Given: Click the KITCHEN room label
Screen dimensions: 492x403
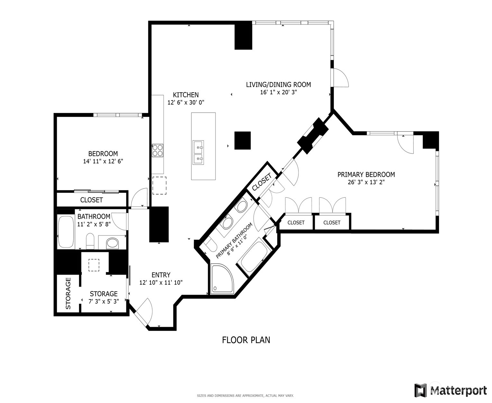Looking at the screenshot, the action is click(186, 95).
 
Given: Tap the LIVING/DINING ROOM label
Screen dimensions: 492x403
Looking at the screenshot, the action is click(278, 85).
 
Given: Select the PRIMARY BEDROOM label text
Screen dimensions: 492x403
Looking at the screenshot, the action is click(366, 175).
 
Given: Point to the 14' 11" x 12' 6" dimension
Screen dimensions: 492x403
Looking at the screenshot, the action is click(103, 161).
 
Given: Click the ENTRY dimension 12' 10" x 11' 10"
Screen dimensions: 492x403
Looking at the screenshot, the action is click(161, 283).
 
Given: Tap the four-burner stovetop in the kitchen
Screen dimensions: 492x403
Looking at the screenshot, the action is click(158, 151).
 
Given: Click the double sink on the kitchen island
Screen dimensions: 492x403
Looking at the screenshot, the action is click(198, 152).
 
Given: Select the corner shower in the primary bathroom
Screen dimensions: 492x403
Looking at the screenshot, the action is click(222, 279).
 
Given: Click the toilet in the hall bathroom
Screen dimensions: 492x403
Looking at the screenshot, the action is click(90, 241).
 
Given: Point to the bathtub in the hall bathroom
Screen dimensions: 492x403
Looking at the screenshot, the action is click(66, 232).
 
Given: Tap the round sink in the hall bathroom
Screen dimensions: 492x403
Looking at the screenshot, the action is click(112, 243).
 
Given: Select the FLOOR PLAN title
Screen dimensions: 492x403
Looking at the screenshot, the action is click(246, 340).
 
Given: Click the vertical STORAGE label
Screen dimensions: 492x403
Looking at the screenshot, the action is click(68, 294).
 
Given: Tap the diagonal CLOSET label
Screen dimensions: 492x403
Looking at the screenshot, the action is click(262, 182).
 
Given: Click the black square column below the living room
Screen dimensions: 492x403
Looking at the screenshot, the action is click(242, 141).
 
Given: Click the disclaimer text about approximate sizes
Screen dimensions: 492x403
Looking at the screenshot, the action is click(245, 396).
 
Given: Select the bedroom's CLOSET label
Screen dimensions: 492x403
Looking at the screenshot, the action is click(91, 200).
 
